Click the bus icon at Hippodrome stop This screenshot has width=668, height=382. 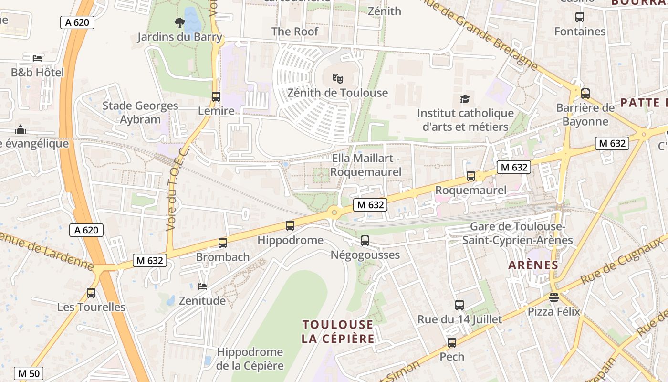(290, 226)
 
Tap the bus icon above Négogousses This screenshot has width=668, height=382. (365, 241)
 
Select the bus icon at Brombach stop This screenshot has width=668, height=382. (223, 243)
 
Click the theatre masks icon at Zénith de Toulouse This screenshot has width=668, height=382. (338, 78)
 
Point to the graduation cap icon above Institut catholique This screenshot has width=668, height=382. (465, 99)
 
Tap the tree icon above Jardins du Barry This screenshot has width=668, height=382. (180, 22)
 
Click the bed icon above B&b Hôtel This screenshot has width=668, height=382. (37, 58)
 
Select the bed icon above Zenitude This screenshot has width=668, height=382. (202, 286)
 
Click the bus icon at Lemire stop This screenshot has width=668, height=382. (216, 97)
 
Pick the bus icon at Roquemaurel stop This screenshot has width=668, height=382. (471, 176)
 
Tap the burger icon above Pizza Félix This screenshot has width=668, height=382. (553, 297)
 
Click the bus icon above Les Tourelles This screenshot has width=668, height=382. (91, 293)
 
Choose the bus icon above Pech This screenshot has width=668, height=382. (451, 342)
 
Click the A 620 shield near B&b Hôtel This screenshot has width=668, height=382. (77, 22)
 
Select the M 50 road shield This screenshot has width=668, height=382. (29, 373)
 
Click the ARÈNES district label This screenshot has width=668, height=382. (533, 265)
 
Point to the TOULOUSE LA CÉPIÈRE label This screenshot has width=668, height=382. (337, 331)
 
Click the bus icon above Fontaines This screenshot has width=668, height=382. (580, 17)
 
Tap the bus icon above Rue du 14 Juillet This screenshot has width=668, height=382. (459, 305)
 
